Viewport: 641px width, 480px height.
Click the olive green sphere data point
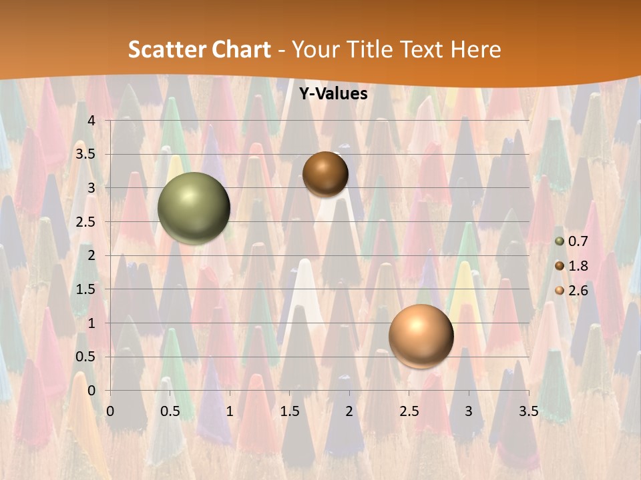click(x=194, y=208)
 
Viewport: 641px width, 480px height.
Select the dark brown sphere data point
click(x=325, y=174)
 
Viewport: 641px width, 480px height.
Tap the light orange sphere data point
click(x=421, y=336)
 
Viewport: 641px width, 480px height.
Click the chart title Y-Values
click(x=333, y=94)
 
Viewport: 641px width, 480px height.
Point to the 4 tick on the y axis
click(x=91, y=120)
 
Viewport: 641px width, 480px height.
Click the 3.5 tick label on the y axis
click(x=86, y=154)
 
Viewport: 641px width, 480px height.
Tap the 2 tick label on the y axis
click(x=91, y=255)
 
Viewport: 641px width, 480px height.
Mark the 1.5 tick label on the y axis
click(x=86, y=289)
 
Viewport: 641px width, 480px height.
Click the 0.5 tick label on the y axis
click(x=86, y=357)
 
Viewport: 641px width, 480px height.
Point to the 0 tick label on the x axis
click(x=112, y=411)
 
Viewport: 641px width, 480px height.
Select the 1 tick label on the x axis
click(x=230, y=411)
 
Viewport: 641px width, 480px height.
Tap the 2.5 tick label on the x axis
click(x=409, y=411)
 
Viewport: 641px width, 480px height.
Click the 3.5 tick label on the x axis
click(x=528, y=411)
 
